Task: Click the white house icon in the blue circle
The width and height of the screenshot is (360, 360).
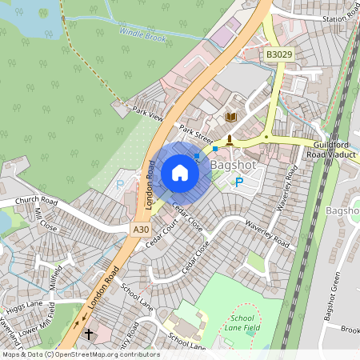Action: (180, 173)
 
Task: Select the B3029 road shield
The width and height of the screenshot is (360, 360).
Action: (278, 54)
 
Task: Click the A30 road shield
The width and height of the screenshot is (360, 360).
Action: (140, 229)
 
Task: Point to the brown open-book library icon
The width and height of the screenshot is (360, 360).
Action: (231, 118)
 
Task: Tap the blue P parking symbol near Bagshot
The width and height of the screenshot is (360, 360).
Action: (238, 183)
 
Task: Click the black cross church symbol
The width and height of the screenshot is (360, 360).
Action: (89, 332)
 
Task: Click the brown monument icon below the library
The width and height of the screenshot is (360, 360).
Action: (230, 140)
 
